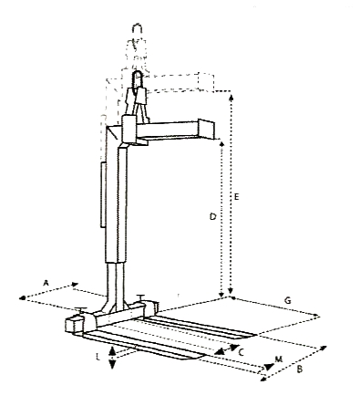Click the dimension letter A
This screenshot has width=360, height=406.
point(46,283)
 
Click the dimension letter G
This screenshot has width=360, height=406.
point(287,299)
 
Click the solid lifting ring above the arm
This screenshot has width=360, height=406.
point(139,91)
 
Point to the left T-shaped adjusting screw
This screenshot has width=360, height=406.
point(83,313)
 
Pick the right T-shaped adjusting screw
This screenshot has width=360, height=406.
point(143,297)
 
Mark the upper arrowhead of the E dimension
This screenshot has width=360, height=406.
point(233,95)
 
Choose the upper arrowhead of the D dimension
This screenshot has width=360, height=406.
point(221,141)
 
